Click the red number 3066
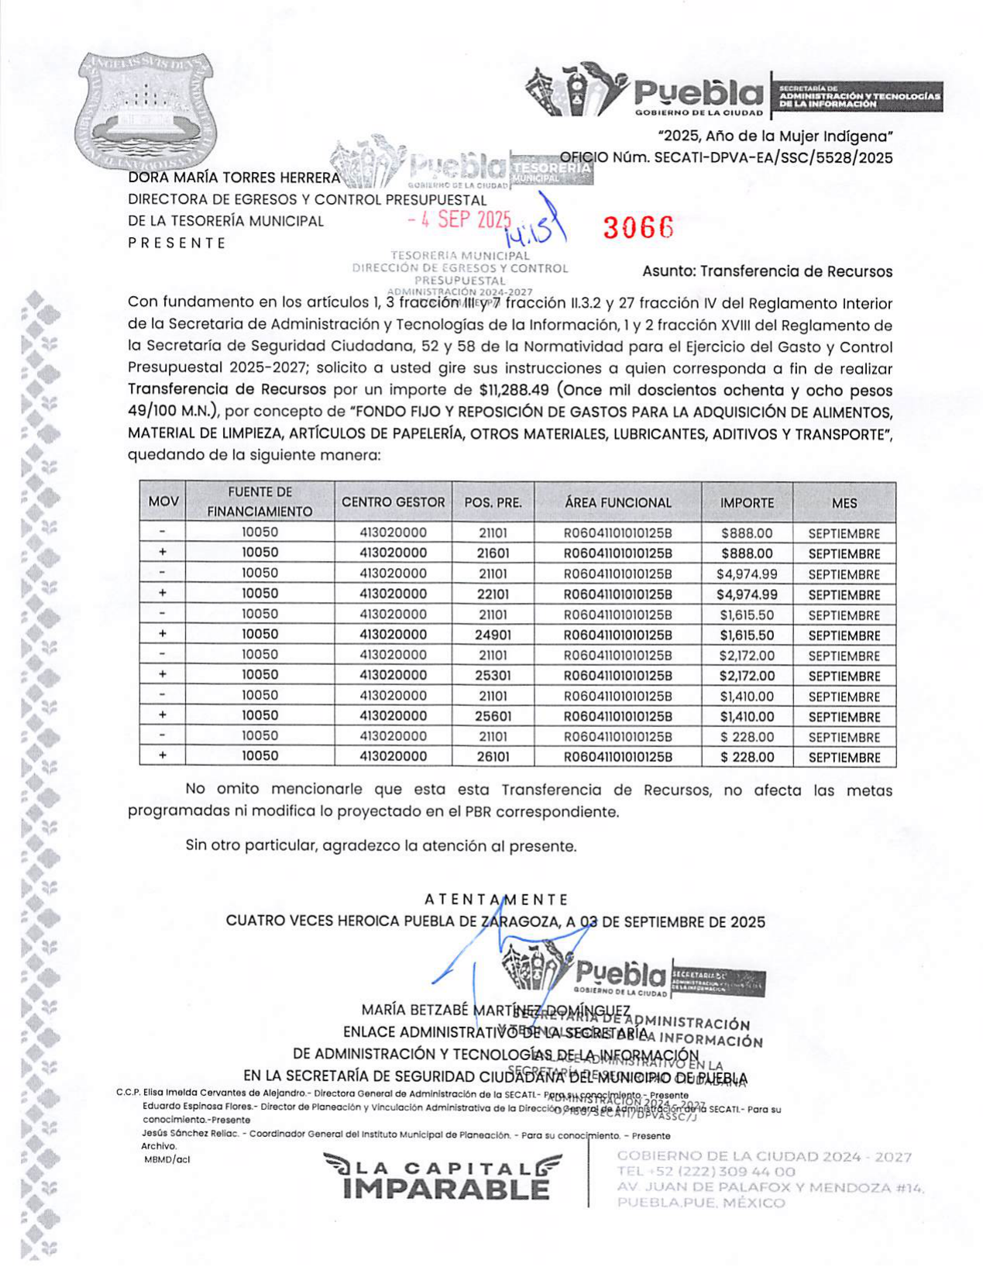638,226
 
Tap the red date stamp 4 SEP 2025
459,219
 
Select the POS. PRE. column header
493,502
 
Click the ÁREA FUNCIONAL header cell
617,502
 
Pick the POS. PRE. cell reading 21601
493,553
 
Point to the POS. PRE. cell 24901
493,635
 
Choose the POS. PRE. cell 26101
493,756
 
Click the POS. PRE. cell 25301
493,675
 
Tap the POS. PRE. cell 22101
493,594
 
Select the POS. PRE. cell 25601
493,716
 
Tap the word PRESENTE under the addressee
177,243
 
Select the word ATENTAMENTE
496,899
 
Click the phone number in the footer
706,1171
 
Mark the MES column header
844,502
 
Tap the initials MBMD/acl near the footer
167,1159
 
